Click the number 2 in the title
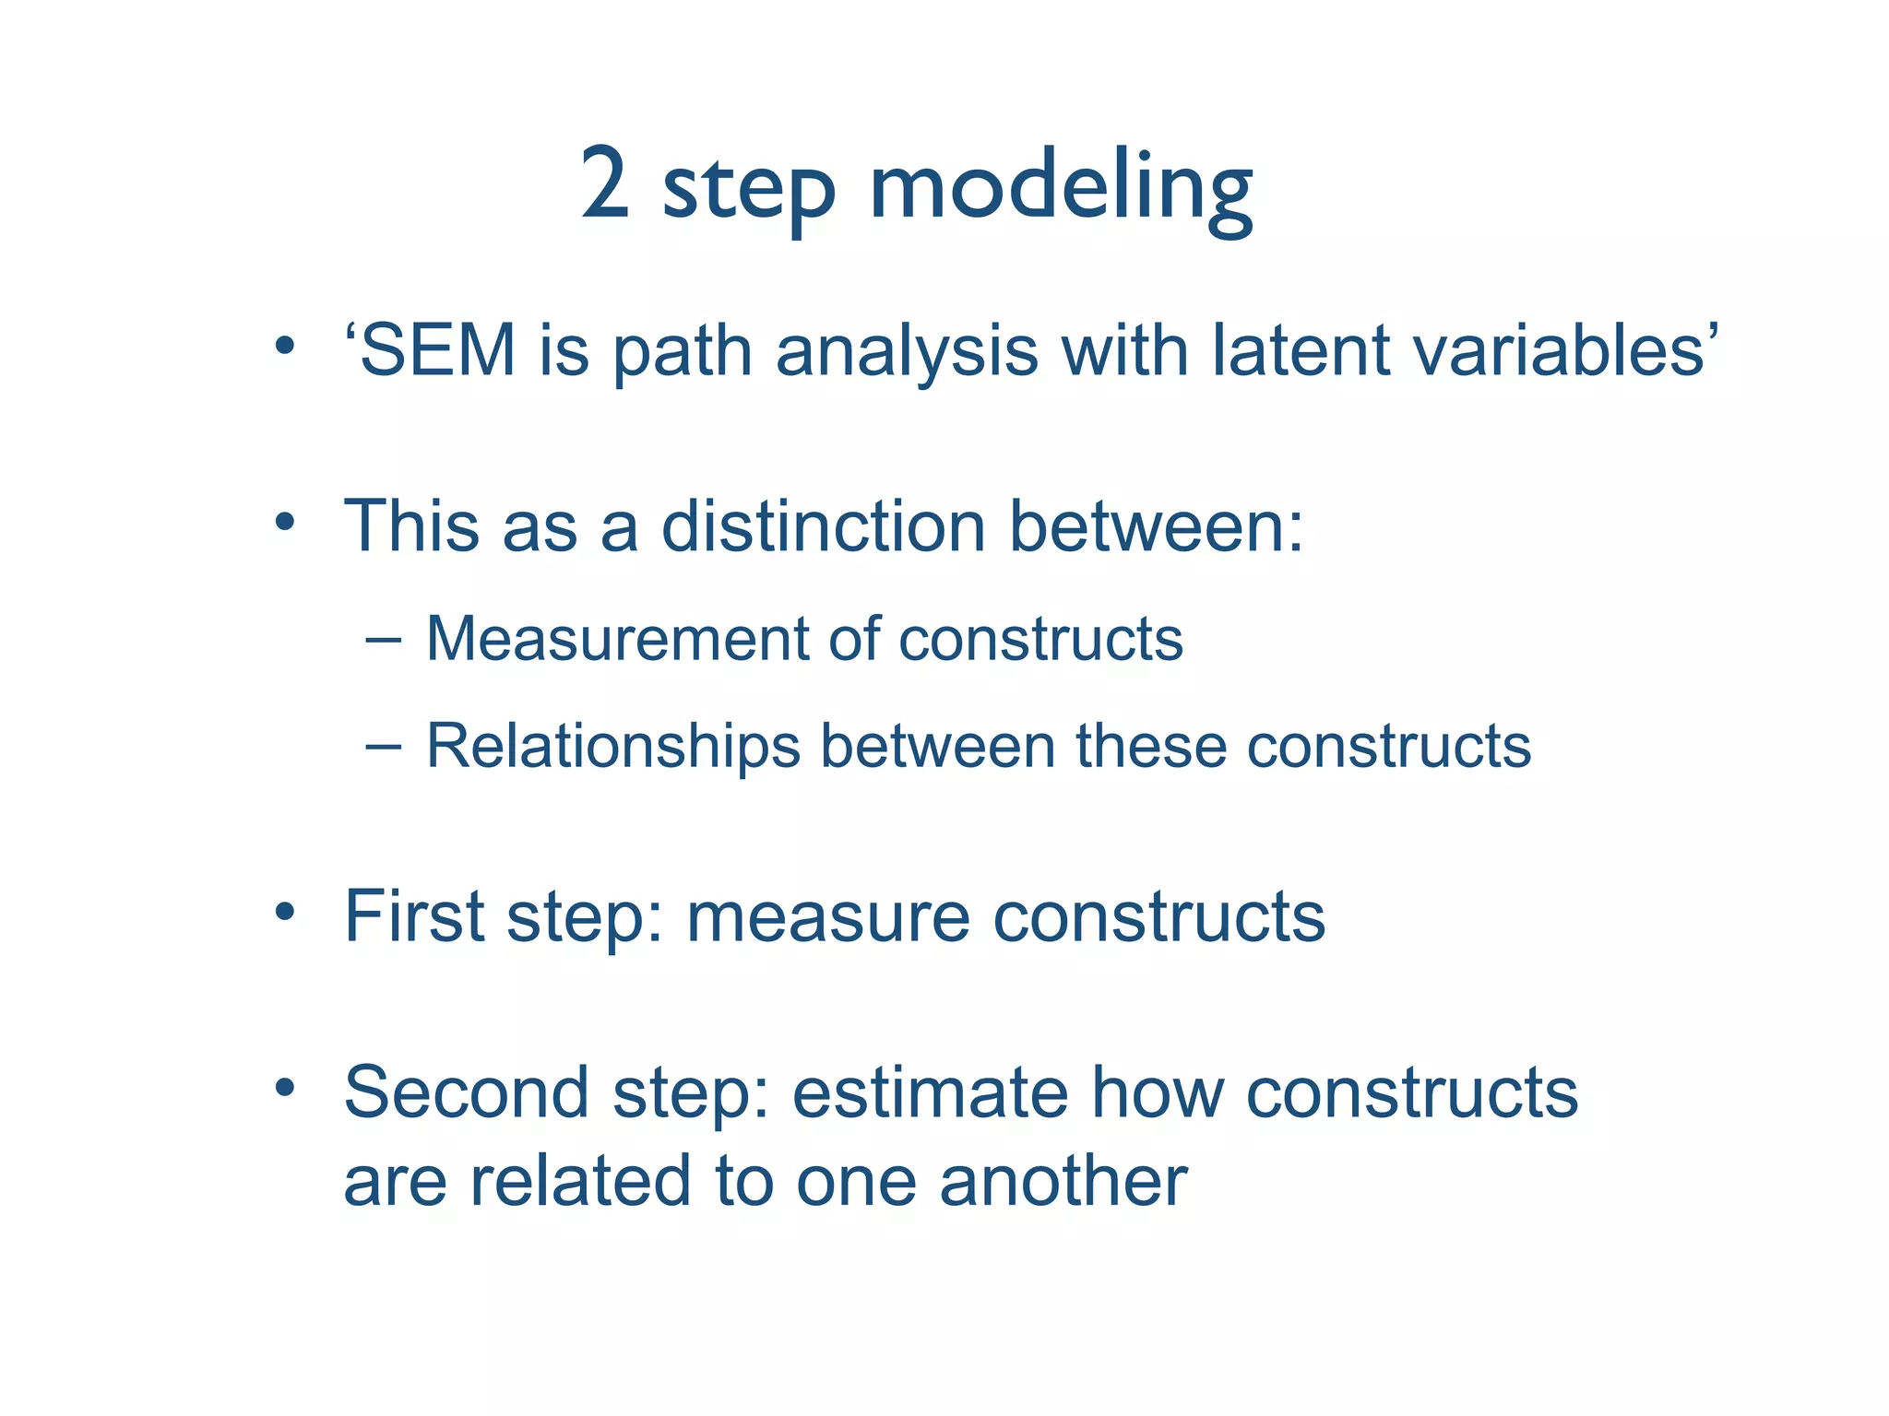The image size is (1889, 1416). (605, 184)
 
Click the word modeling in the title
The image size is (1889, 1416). (1061, 189)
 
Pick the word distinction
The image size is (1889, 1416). (824, 526)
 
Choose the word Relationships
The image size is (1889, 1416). (612, 747)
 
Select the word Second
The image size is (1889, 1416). (466, 1092)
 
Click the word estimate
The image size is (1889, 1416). (930, 1092)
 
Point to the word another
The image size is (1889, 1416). (1063, 1182)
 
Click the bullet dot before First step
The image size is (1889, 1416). (285, 913)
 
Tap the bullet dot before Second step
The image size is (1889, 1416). (285, 1089)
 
